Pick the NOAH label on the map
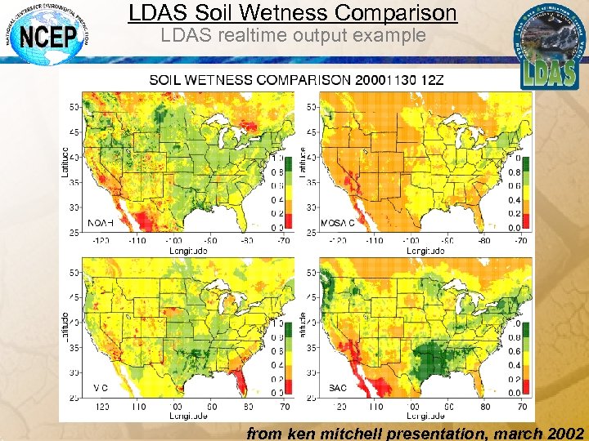pyautogui.click(x=101, y=223)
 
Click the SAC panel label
pyautogui.click(x=338, y=387)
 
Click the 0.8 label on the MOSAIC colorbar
pyautogui.click(x=515, y=172)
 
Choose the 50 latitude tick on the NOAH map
pyautogui.click(x=73, y=106)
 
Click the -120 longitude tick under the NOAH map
pyautogui.click(x=102, y=241)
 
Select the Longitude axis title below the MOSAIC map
pyautogui.click(x=422, y=251)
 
